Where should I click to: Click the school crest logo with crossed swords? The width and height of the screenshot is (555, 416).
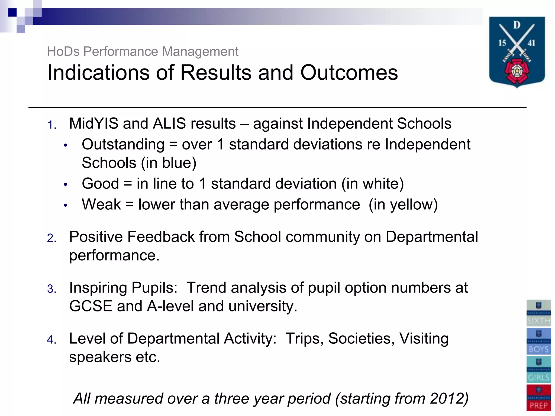click(517, 51)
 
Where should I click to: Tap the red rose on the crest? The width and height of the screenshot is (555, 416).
click(517, 71)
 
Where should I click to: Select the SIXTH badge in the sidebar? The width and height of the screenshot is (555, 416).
click(538, 313)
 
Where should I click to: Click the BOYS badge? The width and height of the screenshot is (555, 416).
click(538, 341)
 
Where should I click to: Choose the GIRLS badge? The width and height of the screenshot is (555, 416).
click(538, 370)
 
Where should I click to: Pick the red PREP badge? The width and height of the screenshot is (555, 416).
click(538, 398)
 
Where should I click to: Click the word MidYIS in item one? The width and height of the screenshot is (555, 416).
click(93, 124)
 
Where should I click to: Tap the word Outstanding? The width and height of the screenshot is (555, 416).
click(123, 144)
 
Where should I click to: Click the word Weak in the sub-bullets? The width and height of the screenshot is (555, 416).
click(101, 204)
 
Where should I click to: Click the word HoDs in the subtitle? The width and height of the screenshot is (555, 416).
click(63, 51)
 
